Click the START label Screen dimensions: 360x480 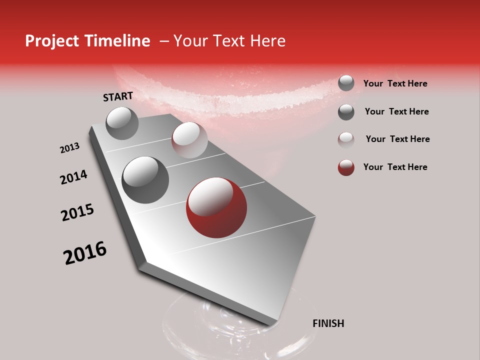(x=118, y=96)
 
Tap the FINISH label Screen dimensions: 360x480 (x=328, y=323)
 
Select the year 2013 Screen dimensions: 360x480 (x=70, y=148)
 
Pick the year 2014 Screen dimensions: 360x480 (x=73, y=177)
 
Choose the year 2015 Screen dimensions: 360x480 (x=77, y=212)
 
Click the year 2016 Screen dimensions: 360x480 (x=85, y=253)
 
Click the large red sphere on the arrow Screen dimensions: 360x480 (x=216, y=207)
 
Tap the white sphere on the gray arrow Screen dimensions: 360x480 (x=189, y=140)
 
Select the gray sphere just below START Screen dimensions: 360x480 (x=122, y=123)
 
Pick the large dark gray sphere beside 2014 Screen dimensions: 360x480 (x=145, y=179)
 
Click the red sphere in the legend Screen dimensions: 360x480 (x=346, y=167)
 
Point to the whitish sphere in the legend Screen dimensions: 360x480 (x=346, y=139)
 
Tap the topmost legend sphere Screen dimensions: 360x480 (x=346, y=83)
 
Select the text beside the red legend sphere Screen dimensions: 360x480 (x=395, y=167)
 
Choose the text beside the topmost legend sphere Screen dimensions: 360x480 (x=395, y=83)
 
